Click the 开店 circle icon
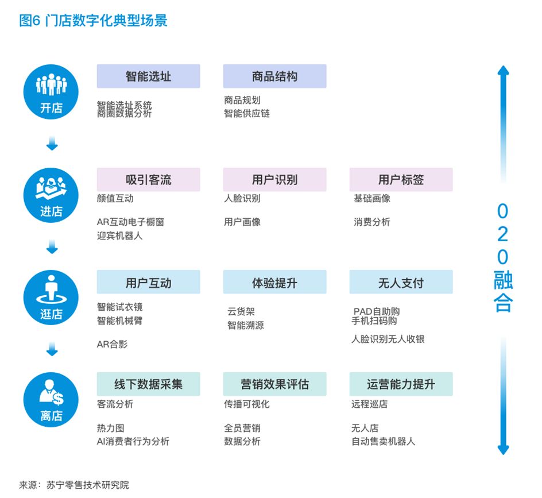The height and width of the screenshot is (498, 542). click(x=51, y=92)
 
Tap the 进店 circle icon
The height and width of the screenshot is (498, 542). click(x=51, y=196)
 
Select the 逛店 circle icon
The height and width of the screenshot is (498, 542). click(x=51, y=298)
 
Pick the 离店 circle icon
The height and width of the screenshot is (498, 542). click(x=51, y=399)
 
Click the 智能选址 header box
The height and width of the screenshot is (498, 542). click(x=148, y=76)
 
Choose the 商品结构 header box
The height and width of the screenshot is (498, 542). click(x=274, y=76)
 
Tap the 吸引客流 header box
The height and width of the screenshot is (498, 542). click(x=148, y=180)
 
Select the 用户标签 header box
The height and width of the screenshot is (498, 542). click(x=401, y=180)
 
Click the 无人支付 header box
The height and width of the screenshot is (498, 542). click(x=401, y=283)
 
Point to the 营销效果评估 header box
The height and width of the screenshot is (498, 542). click(x=274, y=384)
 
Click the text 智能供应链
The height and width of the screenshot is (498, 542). click(x=247, y=114)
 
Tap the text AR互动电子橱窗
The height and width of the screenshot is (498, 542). click(x=131, y=222)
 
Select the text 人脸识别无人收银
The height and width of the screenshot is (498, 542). click(x=388, y=339)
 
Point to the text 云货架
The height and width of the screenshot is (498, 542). click(x=241, y=312)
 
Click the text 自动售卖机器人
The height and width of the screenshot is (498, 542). click(x=383, y=442)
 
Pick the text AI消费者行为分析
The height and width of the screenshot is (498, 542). click(x=133, y=442)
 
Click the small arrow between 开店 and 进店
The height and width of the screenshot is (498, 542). click(x=52, y=144)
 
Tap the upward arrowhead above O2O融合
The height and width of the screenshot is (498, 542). click(x=503, y=71)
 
